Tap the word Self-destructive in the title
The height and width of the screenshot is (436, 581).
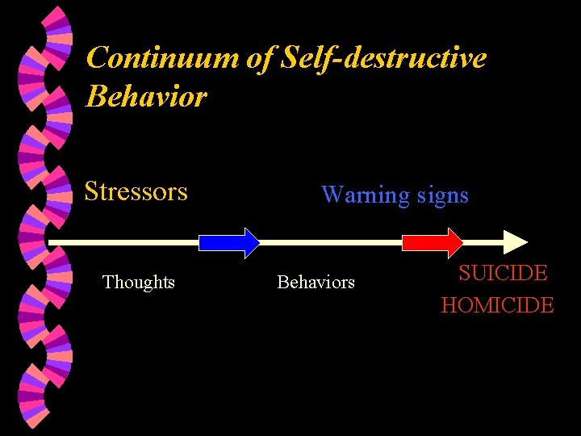pos(384,58)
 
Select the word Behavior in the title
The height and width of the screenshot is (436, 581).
pos(146,96)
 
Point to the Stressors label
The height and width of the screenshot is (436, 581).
pos(136,191)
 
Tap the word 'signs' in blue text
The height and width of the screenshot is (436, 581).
pos(441,195)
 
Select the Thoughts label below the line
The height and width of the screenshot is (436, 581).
pos(139,282)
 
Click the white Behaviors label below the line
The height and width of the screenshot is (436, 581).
pos(316,282)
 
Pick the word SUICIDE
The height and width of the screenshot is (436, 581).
pos(503,273)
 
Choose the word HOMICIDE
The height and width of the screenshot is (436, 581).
pos(497,305)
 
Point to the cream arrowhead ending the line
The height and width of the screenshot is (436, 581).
pos(515,242)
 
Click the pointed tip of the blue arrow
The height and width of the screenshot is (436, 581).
pos(258,242)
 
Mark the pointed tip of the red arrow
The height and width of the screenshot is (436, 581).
pos(462,242)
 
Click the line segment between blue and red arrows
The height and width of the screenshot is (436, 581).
pos(331,242)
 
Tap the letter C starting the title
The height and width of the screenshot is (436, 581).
pos(97,58)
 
